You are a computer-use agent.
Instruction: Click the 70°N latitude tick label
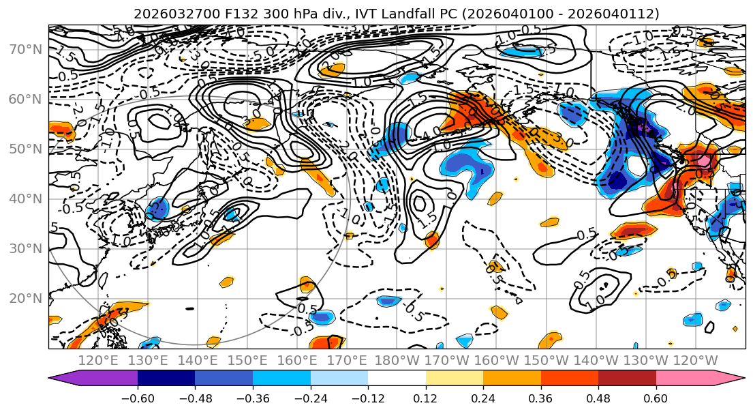pos(26,49)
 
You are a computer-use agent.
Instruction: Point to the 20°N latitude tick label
pos(26,298)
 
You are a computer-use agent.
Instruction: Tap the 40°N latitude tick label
pos(26,198)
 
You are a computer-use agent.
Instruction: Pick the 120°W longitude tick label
pos(696,360)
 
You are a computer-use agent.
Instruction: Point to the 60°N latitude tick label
pos(26,99)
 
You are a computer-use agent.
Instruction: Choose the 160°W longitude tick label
pos(497,360)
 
